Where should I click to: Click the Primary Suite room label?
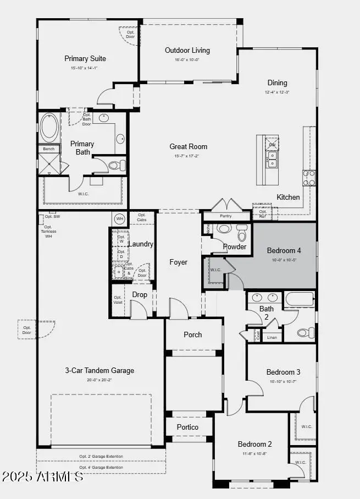click(x=85, y=59)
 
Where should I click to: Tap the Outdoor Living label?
click(x=187, y=51)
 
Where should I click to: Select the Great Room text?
click(x=189, y=146)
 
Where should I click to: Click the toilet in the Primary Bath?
click(x=116, y=164)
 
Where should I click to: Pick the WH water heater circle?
click(x=120, y=219)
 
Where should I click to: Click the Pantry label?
click(x=225, y=216)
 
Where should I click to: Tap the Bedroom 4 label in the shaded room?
click(x=284, y=250)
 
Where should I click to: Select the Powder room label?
click(x=235, y=246)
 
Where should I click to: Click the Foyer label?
click(x=178, y=262)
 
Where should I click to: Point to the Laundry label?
click(x=141, y=244)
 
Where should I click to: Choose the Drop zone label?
click(x=140, y=295)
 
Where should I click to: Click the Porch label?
click(x=192, y=335)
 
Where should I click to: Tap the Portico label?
click(x=187, y=427)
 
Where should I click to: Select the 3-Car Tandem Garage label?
click(x=99, y=371)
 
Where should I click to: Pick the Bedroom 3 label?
click(x=283, y=372)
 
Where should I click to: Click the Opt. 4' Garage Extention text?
click(x=101, y=468)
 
